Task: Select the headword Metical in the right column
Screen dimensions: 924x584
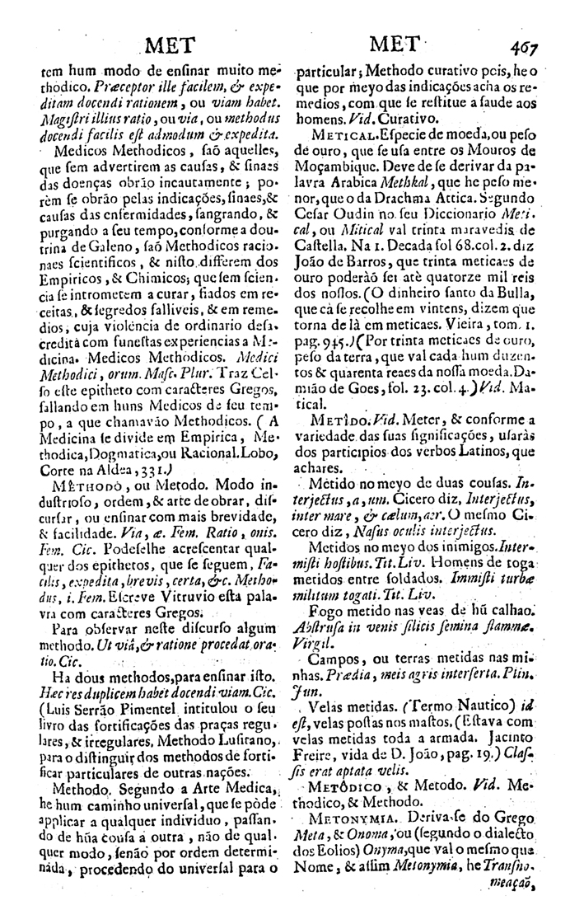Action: coord(328,136)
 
